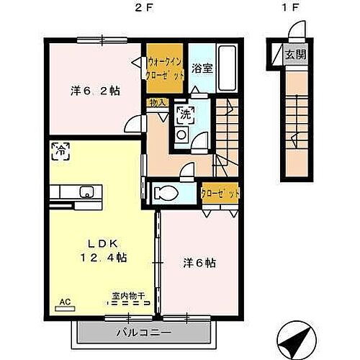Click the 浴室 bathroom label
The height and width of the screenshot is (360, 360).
tap(202, 69)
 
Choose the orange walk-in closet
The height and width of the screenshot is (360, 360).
tap(166, 68)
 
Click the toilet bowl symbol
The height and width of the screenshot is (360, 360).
tap(163, 192)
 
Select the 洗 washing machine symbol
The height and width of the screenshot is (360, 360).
tap(185, 114)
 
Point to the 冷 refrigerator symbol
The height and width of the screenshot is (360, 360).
tap(62, 151)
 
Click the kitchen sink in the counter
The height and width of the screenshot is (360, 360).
tap(87, 192)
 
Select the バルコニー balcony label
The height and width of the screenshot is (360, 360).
tap(141, 333)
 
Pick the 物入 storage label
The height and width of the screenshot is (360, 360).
tap(158, 102)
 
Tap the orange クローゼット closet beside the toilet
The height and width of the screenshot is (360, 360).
tap(220, 193)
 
